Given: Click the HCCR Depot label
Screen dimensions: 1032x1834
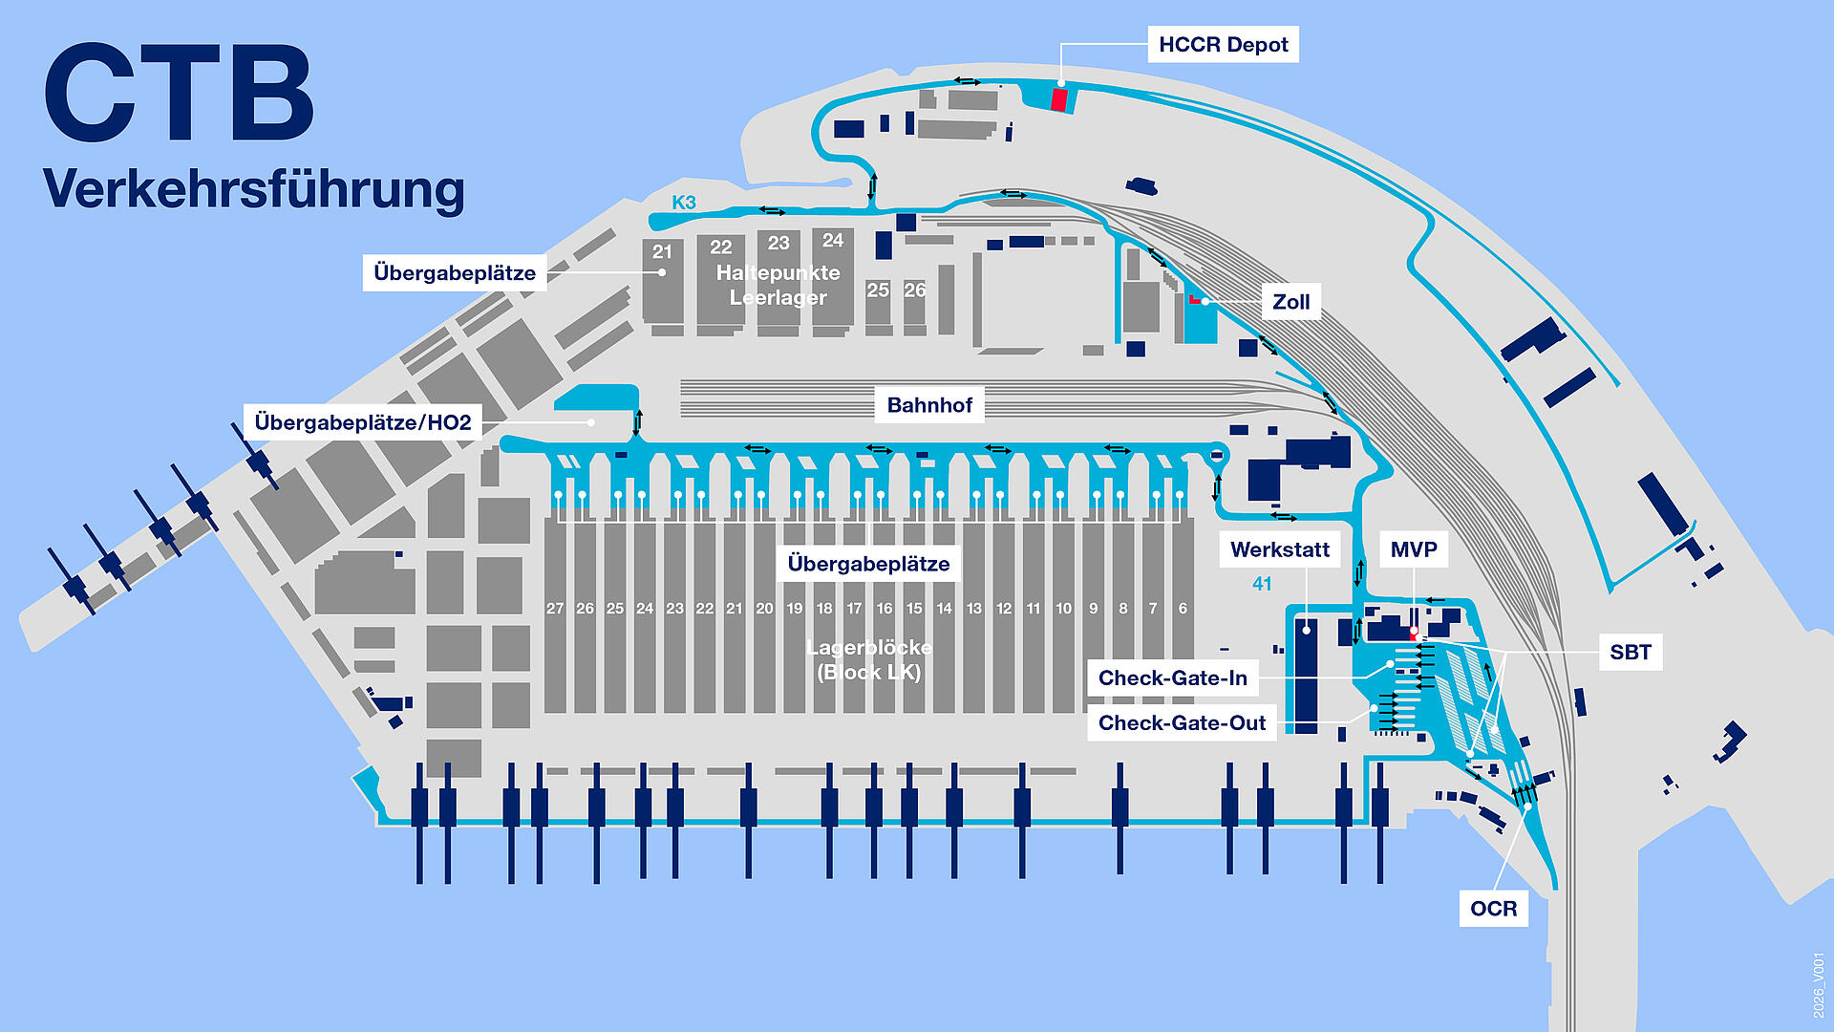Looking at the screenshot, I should point(1223,45).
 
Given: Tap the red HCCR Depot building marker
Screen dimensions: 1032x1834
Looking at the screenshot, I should point(1058,99).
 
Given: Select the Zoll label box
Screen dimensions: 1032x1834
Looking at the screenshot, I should point(1290,302).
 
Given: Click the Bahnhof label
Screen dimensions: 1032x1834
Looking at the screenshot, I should point(929,405).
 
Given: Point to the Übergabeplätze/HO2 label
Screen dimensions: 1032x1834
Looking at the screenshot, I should point(363,422).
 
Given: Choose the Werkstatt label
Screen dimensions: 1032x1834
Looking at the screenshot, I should point(1279,549).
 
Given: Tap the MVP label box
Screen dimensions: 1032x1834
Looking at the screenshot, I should point(1414,549).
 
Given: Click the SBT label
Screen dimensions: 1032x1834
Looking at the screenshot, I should point(1630,652).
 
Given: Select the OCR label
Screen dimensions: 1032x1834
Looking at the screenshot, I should point(1493,908).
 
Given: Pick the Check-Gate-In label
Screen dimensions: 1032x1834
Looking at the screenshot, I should point(1172,678).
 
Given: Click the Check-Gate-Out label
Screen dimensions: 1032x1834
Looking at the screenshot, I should point(1182,723).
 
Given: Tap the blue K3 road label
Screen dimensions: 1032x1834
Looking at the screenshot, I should point(684,203).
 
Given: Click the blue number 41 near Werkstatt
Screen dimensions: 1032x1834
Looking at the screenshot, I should point(1262,584).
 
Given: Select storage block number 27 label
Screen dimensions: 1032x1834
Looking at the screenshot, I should point(555,609).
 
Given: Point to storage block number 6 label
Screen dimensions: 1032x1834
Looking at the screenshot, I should point(1183,609).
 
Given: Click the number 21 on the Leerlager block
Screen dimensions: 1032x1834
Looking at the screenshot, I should point(662,252).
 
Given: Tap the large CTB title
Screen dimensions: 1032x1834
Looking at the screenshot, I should point(180,94).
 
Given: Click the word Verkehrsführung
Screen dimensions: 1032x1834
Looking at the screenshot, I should point(254,188).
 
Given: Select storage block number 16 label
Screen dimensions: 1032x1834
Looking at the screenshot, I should point(885,609).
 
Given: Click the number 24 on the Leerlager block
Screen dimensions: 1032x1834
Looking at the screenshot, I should point(833,241).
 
